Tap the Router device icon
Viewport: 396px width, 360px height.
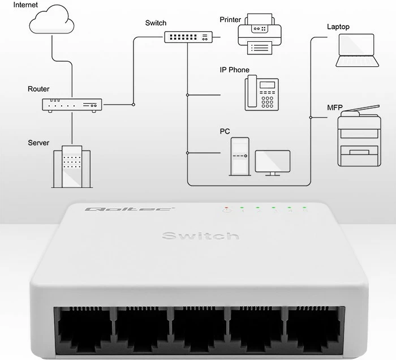(72, 105)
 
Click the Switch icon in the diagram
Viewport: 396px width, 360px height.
(187, 37)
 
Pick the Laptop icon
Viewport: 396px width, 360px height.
(356, 50)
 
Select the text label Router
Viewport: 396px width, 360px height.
(38, 89)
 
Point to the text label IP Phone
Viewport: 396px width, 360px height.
(234, 70)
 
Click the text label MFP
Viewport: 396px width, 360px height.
(335, 108)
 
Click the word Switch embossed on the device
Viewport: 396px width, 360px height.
(200, 235)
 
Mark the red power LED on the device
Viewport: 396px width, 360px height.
(226, 208)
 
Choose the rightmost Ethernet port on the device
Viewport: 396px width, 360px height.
(314, 329)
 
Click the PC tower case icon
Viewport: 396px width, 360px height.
(239, 156)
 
